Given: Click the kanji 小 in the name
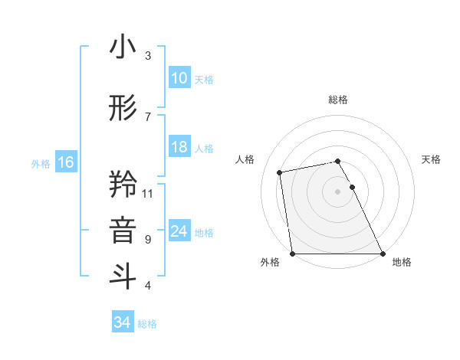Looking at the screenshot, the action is tap(123, 47).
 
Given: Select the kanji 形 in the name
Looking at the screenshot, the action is tap(123, 108).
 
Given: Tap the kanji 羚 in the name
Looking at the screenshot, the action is tap(123, 185).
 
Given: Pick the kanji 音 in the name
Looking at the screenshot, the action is tap(123, 231).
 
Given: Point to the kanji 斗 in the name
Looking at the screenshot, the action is tap(123, 277).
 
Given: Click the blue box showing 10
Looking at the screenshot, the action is tap(179, 78).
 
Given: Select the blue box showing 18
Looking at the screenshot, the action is tap(179, 147).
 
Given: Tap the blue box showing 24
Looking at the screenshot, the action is tap(179, 231).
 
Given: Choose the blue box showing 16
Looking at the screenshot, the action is tap(66, 162).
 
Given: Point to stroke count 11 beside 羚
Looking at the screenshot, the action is tap(148, 193).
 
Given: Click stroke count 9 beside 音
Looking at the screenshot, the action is tap(148, 239).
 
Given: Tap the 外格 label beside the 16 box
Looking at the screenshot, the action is tap(41, 163).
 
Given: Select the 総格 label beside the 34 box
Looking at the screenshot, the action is tap(147, 324).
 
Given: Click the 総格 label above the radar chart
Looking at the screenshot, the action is tap(338, 100).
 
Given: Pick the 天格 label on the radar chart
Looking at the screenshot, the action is tap(432, 159).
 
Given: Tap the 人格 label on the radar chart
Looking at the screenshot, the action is tap(245, 159).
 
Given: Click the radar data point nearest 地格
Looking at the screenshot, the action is tap(383, 253).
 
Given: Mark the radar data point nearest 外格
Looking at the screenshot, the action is tap(292, 253).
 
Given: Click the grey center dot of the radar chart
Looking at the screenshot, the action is tap(337, 191).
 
